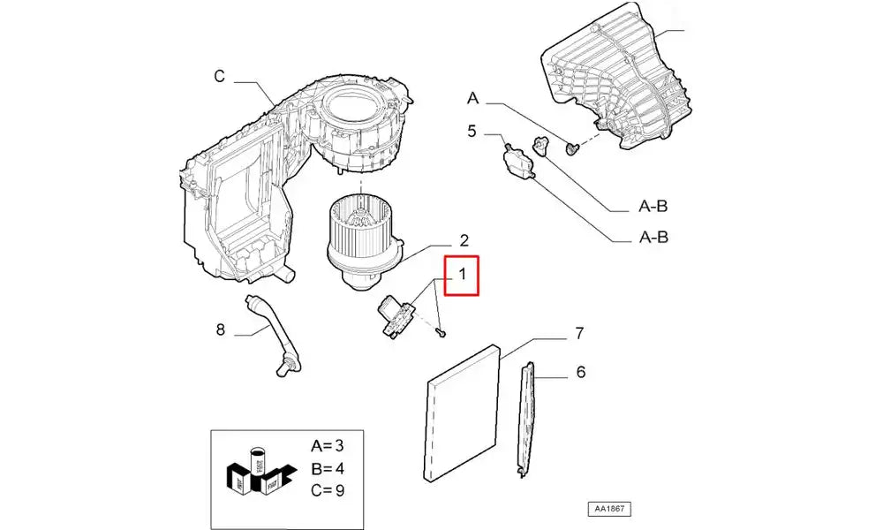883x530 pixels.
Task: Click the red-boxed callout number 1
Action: coord(462,275)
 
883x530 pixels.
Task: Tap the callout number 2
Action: coord(464,241)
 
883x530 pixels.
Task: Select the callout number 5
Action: coord(472,132)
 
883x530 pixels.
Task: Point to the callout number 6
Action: coord(581,372)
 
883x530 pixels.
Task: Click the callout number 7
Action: coord(579,333)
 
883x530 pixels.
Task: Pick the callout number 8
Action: coord(220,329)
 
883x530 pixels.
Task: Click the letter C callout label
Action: coord(220,76)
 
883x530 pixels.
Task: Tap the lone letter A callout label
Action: coord(472,99)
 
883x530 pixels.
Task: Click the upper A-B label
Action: coord(653,206)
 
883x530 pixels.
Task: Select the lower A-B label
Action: coord(653,237)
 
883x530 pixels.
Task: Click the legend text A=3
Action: coord(328,446)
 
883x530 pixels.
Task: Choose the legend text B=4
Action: coord(328,468)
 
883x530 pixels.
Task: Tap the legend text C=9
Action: coord(328,490)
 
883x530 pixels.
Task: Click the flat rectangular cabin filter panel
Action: coord(462,413)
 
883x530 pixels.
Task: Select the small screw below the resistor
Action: coord(441,334)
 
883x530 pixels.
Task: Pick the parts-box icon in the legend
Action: coord(260,472)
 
